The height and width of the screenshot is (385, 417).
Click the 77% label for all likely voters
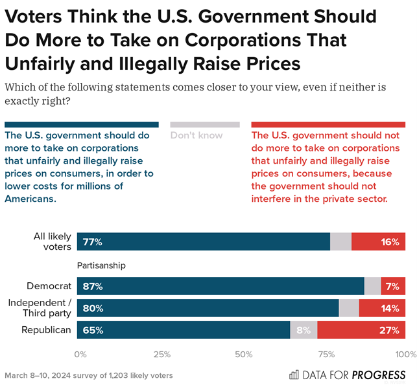(92, 242)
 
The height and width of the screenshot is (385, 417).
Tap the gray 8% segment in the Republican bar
(304, 330)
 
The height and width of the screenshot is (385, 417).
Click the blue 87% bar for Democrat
(220, 286)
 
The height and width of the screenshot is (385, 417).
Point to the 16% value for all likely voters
(390, 242)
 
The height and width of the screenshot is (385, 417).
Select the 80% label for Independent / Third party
(93, 308)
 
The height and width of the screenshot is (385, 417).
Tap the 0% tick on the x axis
(80, 354)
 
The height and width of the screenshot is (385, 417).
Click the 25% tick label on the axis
(161, 354)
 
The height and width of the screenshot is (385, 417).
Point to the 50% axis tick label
(243, 354)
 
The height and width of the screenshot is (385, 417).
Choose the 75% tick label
(325, 354)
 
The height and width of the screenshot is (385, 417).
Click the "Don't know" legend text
(196, 135)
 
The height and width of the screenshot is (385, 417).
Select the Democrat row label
(49, 286)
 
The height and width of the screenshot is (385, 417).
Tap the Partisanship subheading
(101, 265)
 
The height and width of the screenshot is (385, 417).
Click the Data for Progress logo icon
(294, 375)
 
